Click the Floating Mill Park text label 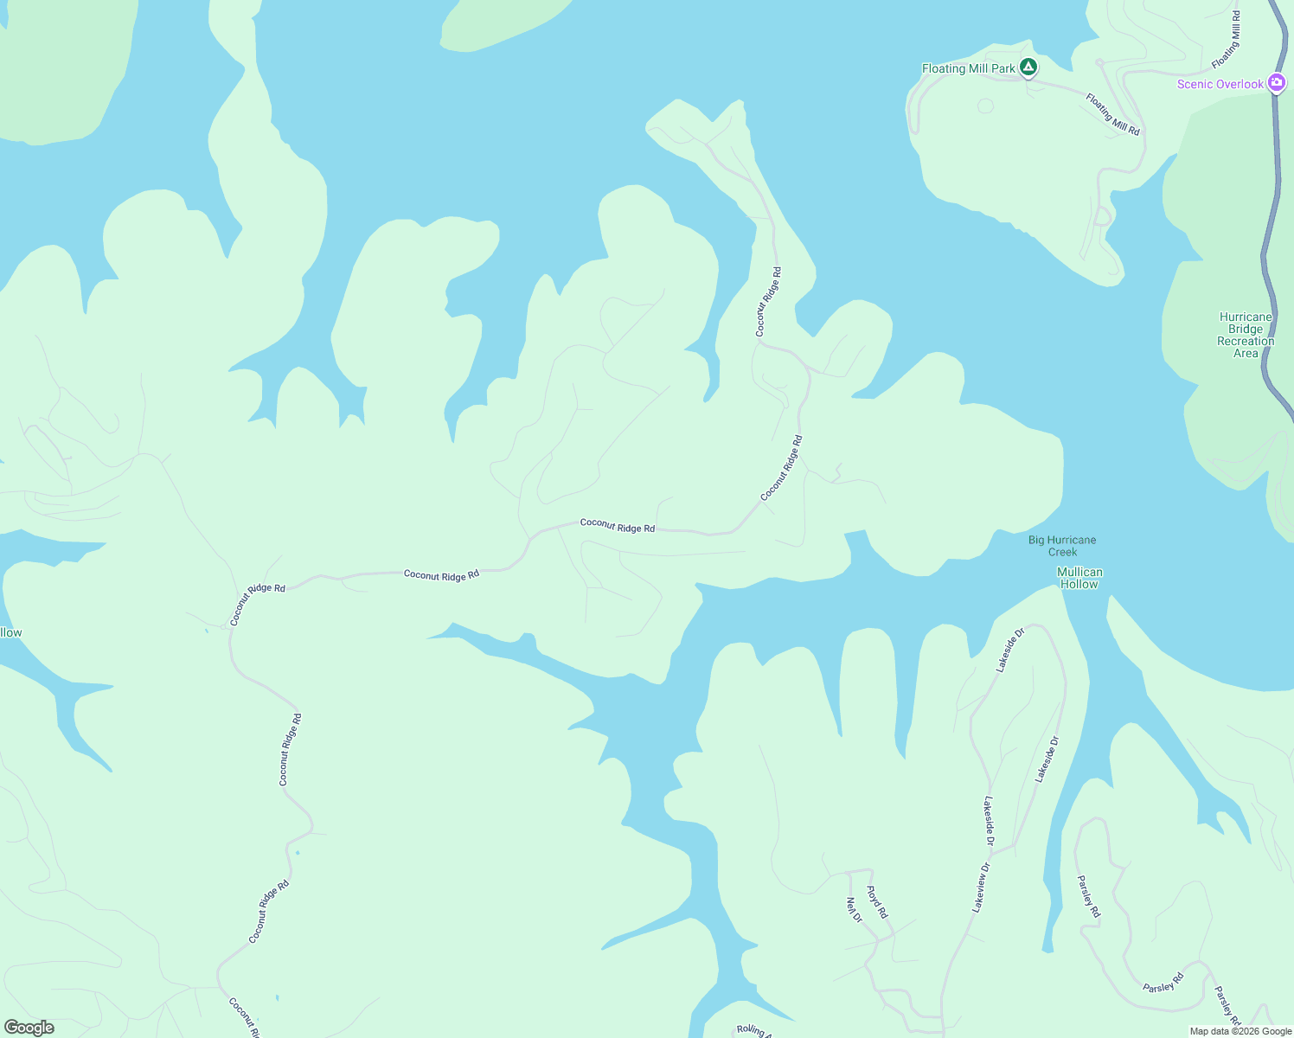(x=968, y=69)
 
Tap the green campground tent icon (x=1028, y=67)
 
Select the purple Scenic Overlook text (x=1220, y=84)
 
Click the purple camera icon (x=1277, y=83)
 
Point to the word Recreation (x=1246, y=342)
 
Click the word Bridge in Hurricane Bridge (x=1246, y=330)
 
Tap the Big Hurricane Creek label (x=1062, y=546)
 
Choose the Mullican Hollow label (x=1079, y=578)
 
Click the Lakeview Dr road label (x=981, y=887)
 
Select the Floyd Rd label (x=877, y=902)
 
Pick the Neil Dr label (x=854, y=909)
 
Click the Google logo (x=29, y=1028)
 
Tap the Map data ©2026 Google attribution (x=1240, y=1031)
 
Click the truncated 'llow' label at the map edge (x=11, y=633)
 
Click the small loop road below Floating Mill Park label (x=985, y=106)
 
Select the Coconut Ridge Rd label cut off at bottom (x=243, y=1017)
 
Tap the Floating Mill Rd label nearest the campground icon (x=1112, y=114)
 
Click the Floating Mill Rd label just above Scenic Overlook (x=1227, y=40)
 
